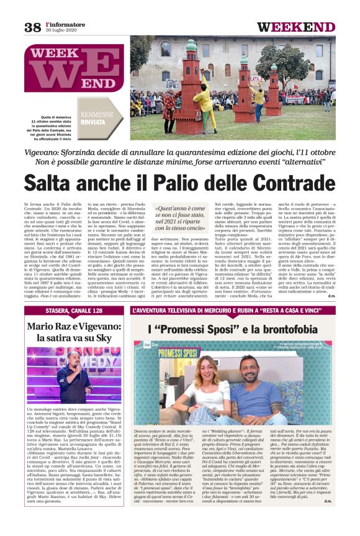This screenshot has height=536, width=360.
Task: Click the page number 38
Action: click(32, 27)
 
